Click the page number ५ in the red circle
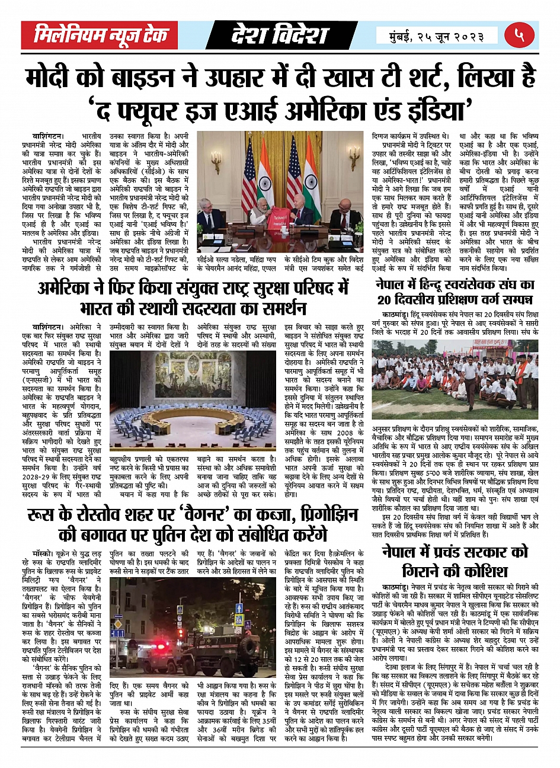tap(519, 36)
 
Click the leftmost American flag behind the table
tap(249, 184)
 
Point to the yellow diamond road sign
tap(240, 618)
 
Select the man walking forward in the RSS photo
tap(469, 379)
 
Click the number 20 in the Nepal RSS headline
tap(386, 300)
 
